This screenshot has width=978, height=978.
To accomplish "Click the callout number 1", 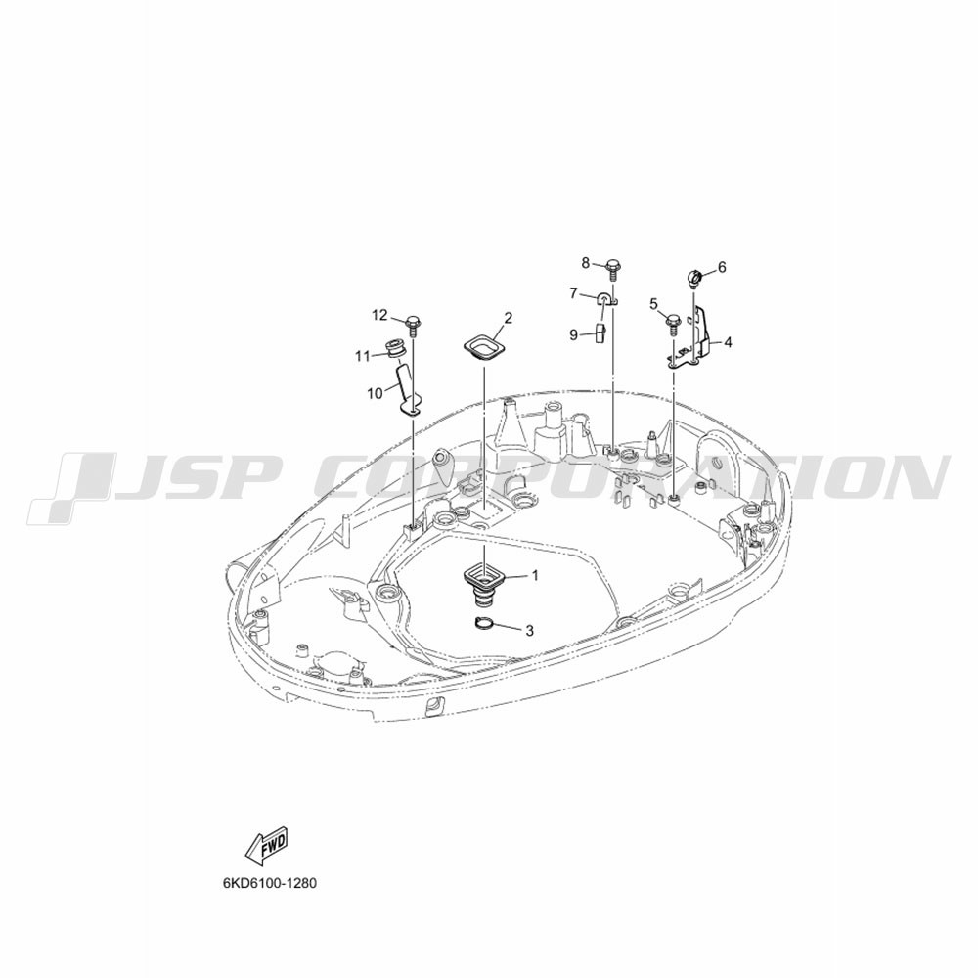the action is tap(534, 575).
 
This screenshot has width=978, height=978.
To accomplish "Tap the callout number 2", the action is tap(509, 318).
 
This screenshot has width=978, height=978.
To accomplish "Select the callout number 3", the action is tap(529, 631).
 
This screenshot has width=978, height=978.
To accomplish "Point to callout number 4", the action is tap(728, 342).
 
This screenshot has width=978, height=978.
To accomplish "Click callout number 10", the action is tap(653, 304).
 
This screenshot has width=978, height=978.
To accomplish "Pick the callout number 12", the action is tap(722, 267).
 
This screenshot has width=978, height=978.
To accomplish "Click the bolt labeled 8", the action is tap(612, 269).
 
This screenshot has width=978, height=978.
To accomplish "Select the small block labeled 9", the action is tap(601, 333).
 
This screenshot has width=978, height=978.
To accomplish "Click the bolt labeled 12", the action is tap(412, 325).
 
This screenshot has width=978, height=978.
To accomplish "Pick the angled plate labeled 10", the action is tap(406, 390).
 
